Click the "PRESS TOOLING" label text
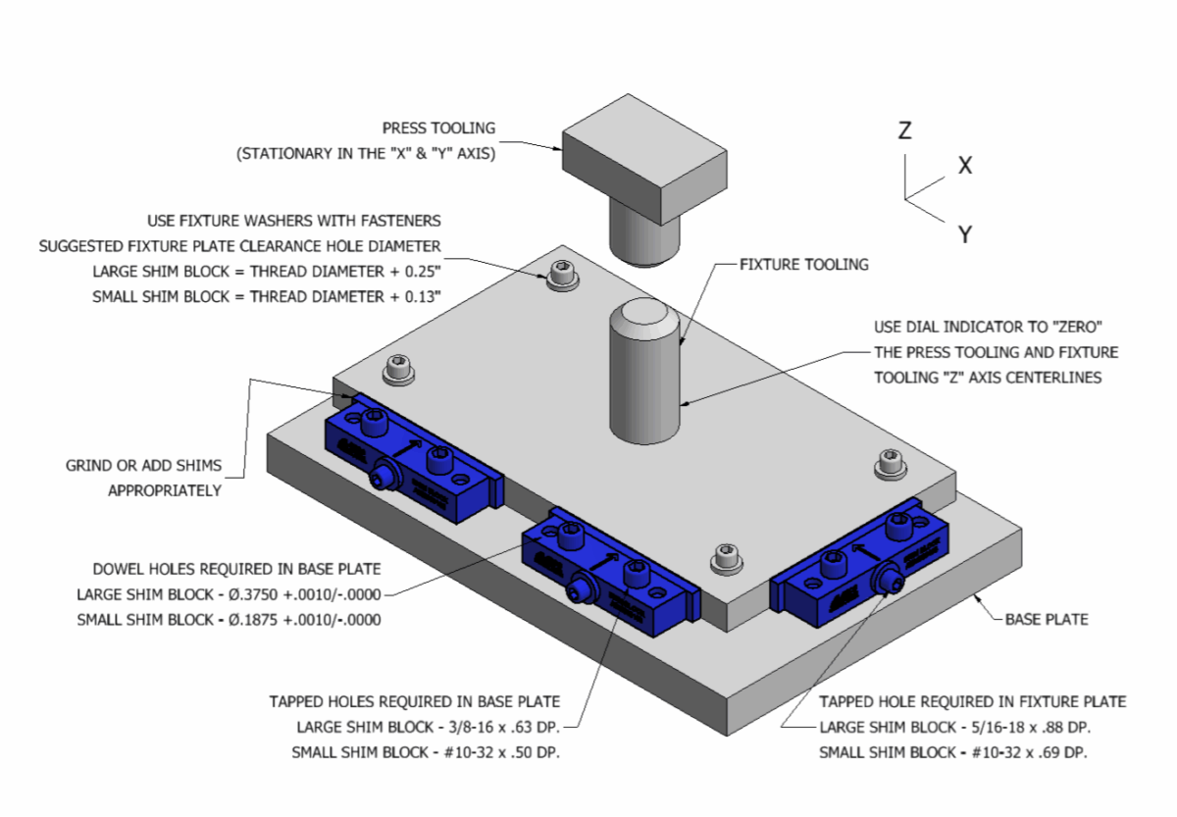click(x=438, y=128)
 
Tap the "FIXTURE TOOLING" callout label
click(x=804, y=264)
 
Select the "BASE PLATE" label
click(x=1047, y=619)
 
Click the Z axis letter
click(x=905, y=129)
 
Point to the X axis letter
click(x=965, y=166)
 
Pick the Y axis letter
click(x=965, y=233)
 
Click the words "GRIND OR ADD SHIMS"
click(x=143, y=465)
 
